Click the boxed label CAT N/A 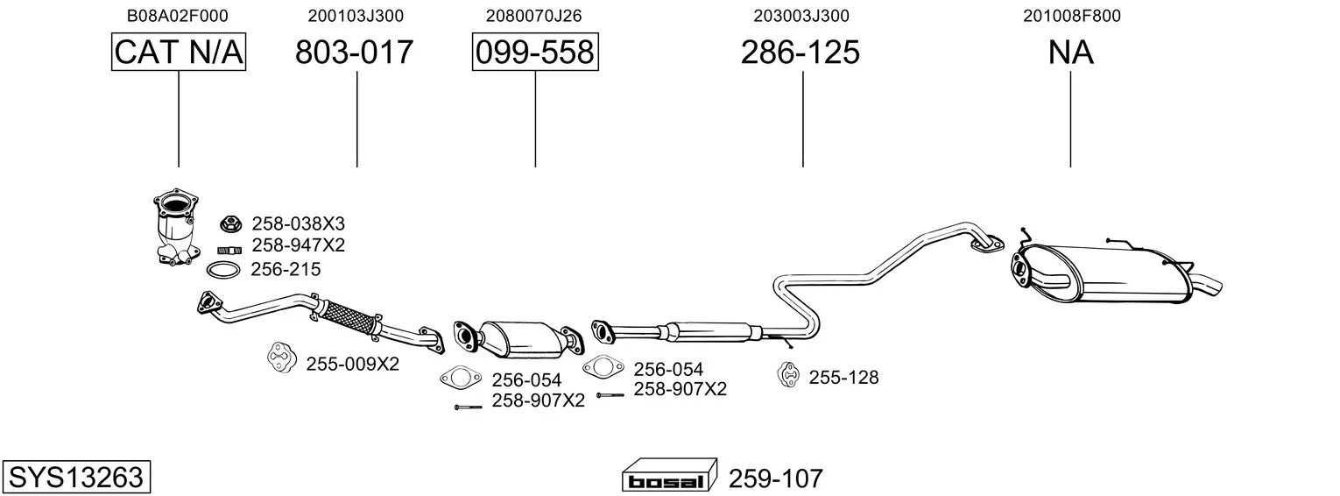179,52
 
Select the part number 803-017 354,52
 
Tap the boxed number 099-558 535,52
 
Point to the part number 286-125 800,52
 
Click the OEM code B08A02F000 177,16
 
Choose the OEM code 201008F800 1071,16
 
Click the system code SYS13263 76,477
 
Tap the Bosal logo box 669,477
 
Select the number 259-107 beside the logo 776,478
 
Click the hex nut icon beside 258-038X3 229,224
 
